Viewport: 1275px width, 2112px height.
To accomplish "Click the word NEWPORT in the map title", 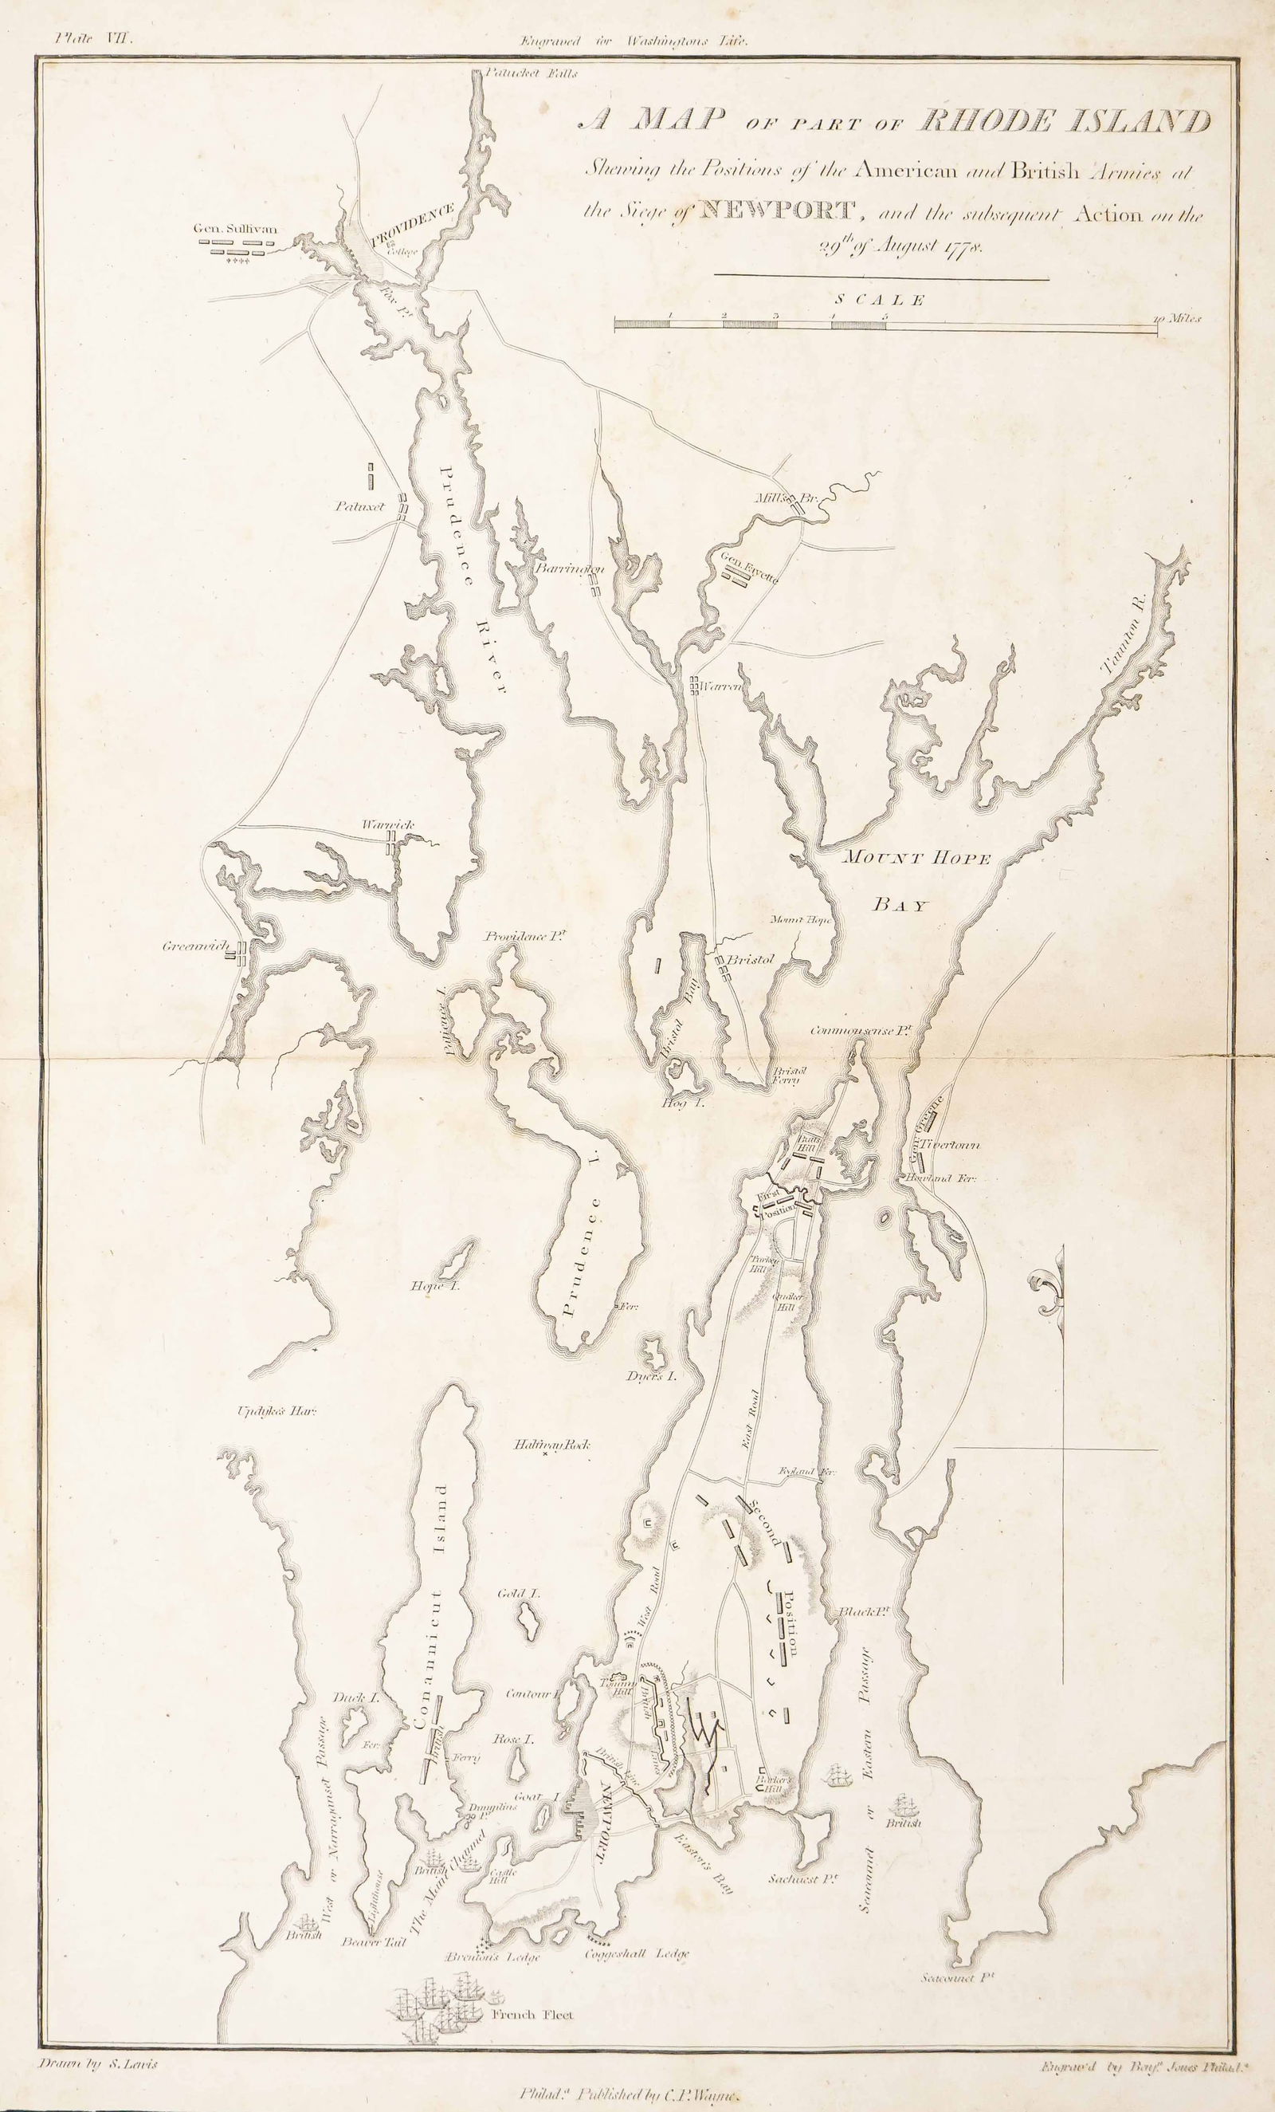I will pyautogui.click(x=777, y=209).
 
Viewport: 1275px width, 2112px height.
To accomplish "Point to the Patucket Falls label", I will pyautogui.click(x=532, y=73).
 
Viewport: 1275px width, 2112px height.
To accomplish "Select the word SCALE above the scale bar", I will pyautogui.click(x=881, y=300).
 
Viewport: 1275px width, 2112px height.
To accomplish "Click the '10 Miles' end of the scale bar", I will pyautogui.click(x=1178, y=318).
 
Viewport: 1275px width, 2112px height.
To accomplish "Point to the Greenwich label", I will pyautogui.click(x=192, y=947).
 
